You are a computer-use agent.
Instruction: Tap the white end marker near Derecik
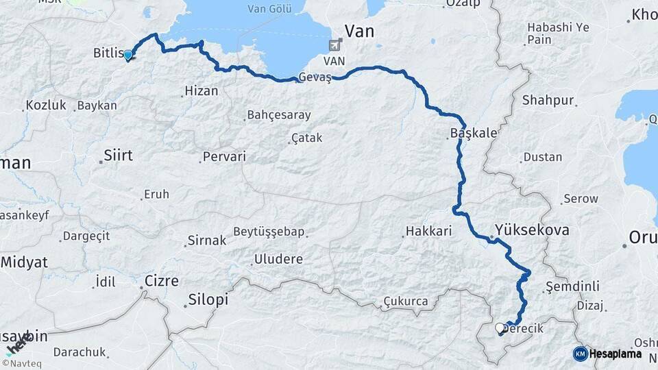(499, 329)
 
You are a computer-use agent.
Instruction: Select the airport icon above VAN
(335, 46)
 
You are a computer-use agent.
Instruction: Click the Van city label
(360, 31)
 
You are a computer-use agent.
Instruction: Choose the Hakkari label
(428, 232)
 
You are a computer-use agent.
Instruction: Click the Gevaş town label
(315, 78)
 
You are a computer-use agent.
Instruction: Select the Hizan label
(202, 91)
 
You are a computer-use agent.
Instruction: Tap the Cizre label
(162, 281)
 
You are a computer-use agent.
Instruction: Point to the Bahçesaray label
(279, 115)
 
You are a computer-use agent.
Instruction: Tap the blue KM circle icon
(580, 354)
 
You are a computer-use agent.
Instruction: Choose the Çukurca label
(406, 301)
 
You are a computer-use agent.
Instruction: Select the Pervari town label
(224, 157)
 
